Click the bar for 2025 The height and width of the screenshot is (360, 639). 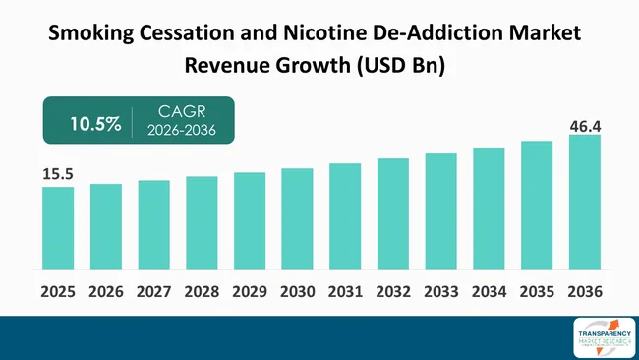58,227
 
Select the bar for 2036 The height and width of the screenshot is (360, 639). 585,202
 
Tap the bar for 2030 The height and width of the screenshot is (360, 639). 297,218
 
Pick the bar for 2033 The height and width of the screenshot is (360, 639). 441,210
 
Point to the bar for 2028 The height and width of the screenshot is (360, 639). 202,222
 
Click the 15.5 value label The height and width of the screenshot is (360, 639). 58,174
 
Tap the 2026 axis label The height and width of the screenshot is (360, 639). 105,292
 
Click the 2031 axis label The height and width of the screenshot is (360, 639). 345,292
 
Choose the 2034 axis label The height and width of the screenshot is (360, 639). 489,292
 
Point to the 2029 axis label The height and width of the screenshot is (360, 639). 249,292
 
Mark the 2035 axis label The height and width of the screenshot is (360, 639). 537,292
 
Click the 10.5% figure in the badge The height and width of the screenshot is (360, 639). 95,123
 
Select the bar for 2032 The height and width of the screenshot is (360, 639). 393,213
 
